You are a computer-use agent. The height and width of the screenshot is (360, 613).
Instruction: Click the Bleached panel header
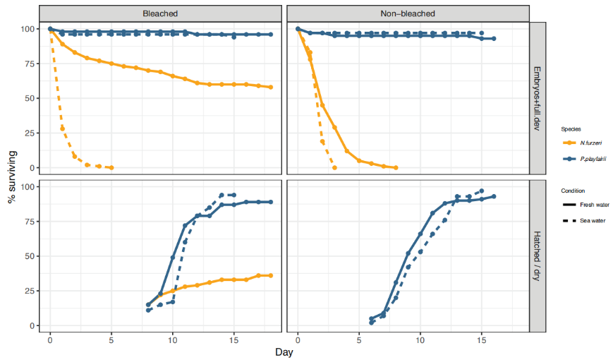(159, 13)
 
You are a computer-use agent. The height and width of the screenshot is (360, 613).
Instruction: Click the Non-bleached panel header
(408, 13)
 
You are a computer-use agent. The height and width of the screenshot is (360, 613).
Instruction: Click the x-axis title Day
(284, 351)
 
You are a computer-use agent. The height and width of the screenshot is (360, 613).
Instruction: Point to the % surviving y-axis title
(13, 177)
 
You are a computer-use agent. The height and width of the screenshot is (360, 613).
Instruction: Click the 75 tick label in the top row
(29, 64)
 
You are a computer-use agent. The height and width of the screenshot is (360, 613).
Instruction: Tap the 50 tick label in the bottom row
(29, 256)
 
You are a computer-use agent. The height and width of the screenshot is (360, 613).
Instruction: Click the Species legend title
(570, 128)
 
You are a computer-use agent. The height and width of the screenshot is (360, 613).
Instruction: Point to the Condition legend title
(573, 191)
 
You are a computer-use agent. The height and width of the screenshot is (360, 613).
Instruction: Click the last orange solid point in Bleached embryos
(271, 88)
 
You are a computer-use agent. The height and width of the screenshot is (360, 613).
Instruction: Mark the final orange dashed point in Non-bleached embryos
(334, 167)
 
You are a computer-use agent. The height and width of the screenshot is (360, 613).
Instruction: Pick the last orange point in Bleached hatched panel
(271, 275)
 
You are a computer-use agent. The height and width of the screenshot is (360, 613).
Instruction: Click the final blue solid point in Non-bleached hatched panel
(494, 196)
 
